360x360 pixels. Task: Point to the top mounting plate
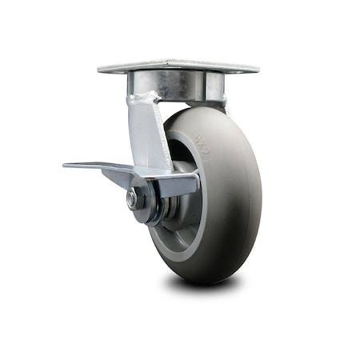[x=178, y=66]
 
